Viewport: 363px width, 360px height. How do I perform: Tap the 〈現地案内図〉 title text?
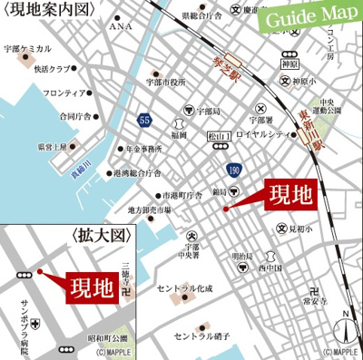41,10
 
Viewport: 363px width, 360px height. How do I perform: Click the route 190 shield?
233,170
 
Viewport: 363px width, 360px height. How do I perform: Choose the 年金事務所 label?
143,149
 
